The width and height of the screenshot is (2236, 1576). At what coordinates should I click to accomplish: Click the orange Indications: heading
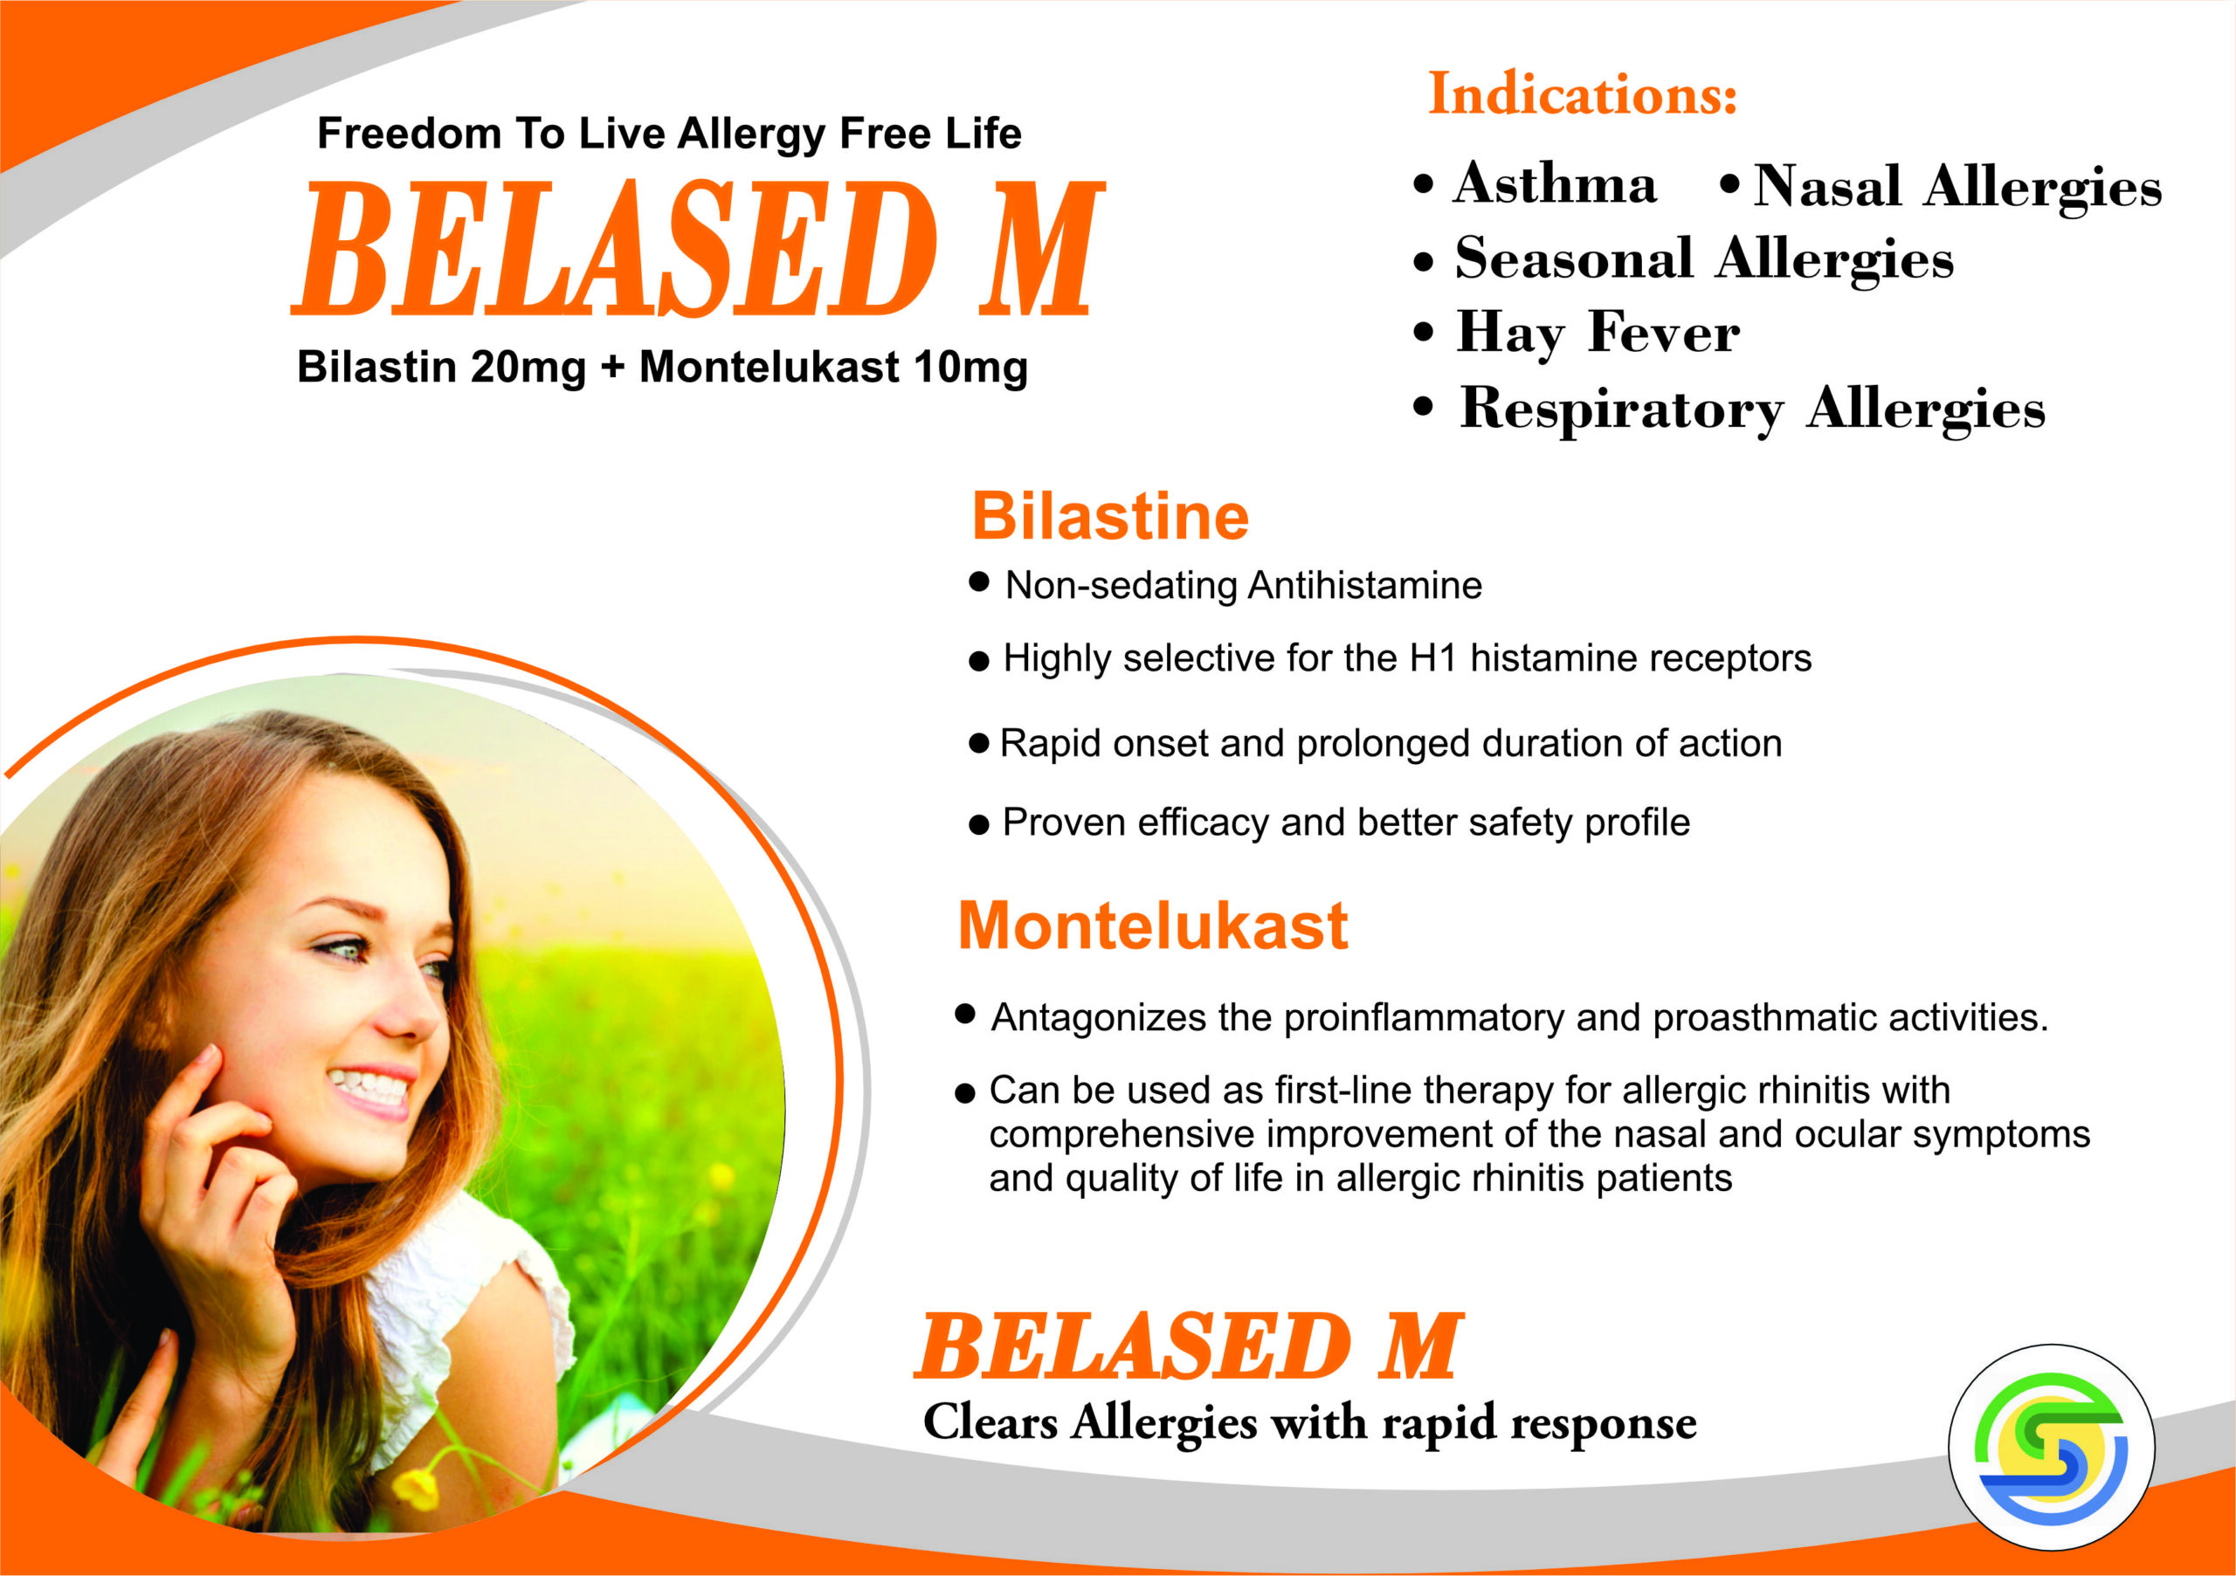[x=1583, y=94]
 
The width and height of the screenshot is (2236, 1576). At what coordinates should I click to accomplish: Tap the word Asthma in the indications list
[x=1555, y=183]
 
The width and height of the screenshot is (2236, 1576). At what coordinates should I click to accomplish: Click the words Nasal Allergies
[x=1957, y=187]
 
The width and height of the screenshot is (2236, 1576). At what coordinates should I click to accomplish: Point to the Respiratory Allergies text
[x=1752, y=409]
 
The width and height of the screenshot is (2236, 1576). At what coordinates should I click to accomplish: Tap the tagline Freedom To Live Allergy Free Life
[x=669, y=134]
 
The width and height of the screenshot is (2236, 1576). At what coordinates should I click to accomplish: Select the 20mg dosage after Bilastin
[x=528, y=367]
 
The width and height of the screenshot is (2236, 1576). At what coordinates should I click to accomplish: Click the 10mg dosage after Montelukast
[x=970, y=367]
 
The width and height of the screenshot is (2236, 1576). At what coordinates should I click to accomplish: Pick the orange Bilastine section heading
[x=1110, y=516]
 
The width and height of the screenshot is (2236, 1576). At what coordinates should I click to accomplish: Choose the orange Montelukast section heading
[x=1153, y=925]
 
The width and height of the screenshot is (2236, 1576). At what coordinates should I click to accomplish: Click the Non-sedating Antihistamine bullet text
[x=1244, y=585]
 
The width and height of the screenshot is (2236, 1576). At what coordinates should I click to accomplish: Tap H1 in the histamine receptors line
[x=1432, y=658]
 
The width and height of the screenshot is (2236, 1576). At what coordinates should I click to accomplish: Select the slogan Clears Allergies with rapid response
[x=1310, y=1423]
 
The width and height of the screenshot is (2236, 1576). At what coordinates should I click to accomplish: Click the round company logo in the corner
[x=2052, y=1448]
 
